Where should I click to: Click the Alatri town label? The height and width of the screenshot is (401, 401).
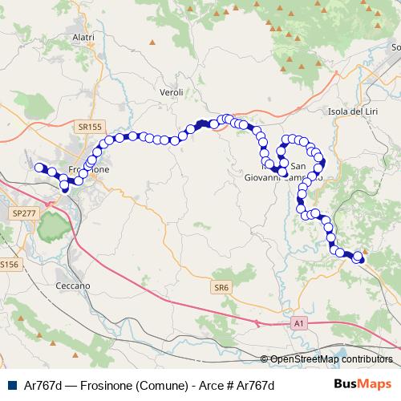83,37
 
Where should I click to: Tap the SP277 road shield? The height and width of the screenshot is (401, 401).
25,214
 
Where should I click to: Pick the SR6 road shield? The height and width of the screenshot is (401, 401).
222,286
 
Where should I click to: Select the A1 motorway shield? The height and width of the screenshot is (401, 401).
298,322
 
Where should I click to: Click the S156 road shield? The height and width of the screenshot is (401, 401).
8,264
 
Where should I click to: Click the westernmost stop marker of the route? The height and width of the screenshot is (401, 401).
39,167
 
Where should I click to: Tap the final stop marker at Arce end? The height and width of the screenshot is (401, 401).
358,257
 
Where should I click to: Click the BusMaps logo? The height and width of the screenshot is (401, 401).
363,384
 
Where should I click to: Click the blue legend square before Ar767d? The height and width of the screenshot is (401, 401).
8,385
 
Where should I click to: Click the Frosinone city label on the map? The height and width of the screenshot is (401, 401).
88,171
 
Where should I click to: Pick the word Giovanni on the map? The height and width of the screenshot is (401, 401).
265,178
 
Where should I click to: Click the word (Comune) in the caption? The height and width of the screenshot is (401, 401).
164,385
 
